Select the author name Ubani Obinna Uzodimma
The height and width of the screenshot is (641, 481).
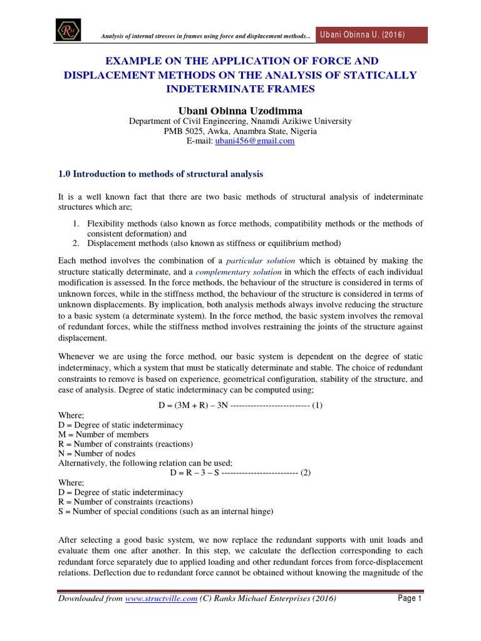tap(240, 110)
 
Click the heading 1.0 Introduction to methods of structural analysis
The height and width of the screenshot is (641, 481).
tap(161, 173)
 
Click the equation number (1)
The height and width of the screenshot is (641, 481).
tap(317, 405)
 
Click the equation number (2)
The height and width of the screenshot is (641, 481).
tap(305, 473)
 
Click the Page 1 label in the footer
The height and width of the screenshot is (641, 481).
tap(410, 599)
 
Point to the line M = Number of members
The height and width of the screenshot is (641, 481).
tap(103, 434)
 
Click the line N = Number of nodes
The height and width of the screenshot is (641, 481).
tap(96, 453)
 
